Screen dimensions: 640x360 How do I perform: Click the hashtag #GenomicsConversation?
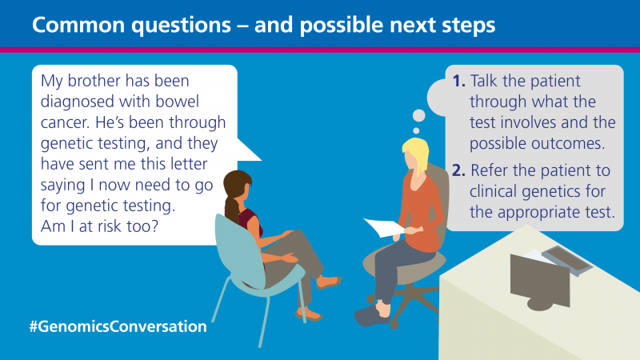(118, 326)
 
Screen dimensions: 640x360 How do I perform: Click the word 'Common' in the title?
(78, 25)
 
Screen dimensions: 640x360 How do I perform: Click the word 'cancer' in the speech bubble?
(65, 122)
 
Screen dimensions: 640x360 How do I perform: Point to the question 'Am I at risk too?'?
(99, 226)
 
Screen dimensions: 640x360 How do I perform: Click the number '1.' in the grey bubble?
(458, 81)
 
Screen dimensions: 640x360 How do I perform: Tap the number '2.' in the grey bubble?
(458, 170)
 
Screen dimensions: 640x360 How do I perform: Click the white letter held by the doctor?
(384, 227)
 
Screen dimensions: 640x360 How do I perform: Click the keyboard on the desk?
(567, 259)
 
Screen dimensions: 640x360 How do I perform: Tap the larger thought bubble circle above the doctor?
(418, 115)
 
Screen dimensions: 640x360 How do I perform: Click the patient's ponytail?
(232, 209)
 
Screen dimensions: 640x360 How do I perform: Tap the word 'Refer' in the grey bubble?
(490, 170)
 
